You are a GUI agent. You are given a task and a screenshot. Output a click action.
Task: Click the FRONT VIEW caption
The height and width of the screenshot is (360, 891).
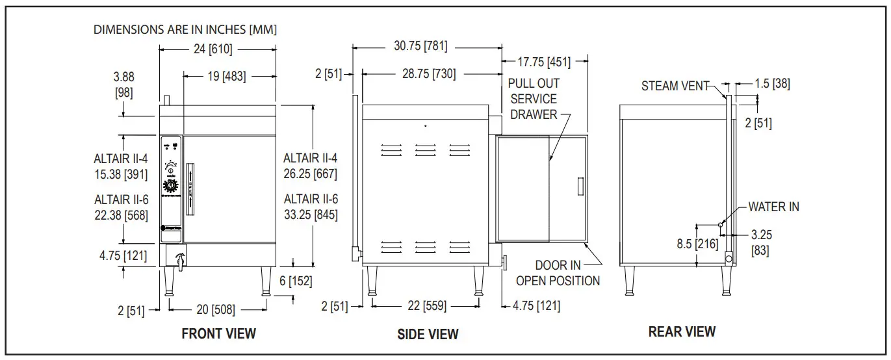pyautogui.click(x=219, y=333)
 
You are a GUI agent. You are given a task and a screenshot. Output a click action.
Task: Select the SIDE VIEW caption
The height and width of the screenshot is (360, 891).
pyautogui.click(x=428, y=334)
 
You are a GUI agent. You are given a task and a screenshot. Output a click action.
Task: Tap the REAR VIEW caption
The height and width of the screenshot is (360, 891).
pyautogui.click(x=682, y=332)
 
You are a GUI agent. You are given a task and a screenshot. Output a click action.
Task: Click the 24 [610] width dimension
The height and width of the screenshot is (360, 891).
pyautogui.click(x=213, y=49)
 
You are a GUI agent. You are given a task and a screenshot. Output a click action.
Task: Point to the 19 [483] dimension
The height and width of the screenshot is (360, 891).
pyautogui.click(x=227, y=76)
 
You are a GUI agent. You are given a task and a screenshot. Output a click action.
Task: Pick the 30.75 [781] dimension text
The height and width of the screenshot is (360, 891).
pyautogui.click(x=420, y=45)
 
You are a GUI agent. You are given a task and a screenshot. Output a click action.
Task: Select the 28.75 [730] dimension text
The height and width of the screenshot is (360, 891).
pyautogui.click(x=429, y=73)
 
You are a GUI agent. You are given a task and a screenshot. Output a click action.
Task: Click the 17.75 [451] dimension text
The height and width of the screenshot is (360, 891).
pyautogui.click(x=544, y=62)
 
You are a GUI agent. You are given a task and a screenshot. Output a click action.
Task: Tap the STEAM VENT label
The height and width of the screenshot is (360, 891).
pyautogui.click(x=675, y=86)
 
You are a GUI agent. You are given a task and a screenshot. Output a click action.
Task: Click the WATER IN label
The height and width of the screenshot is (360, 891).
pyautogui.click(x=773, y=207)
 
